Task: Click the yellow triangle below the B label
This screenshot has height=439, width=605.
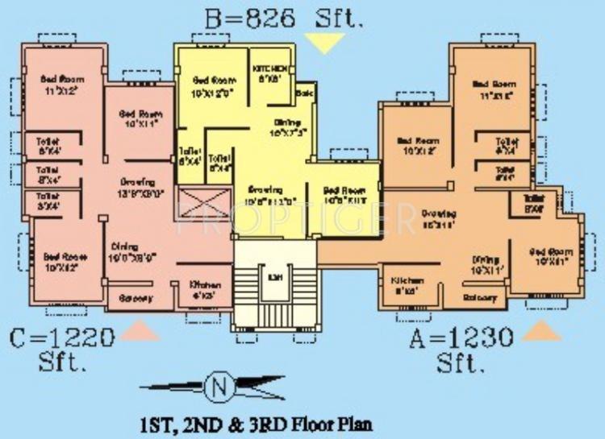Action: tap(323, 43)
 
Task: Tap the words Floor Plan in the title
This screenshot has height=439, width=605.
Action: tap(331, 423)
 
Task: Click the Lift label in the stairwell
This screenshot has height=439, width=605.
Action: tap(275, 278)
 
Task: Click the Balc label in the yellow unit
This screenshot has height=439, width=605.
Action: tap(304, 94)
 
